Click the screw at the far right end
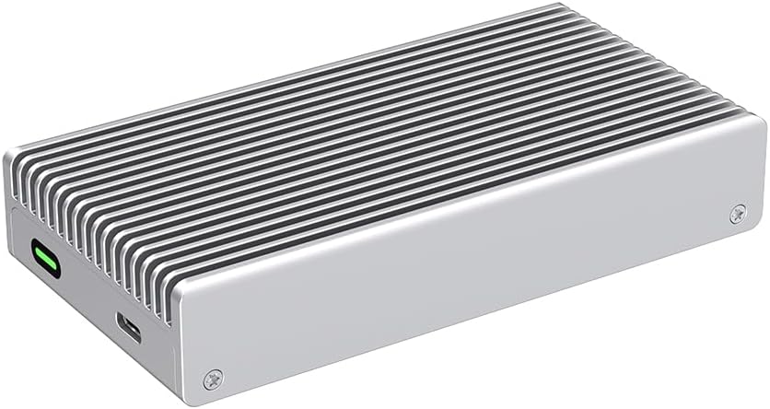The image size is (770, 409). [737, 213]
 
